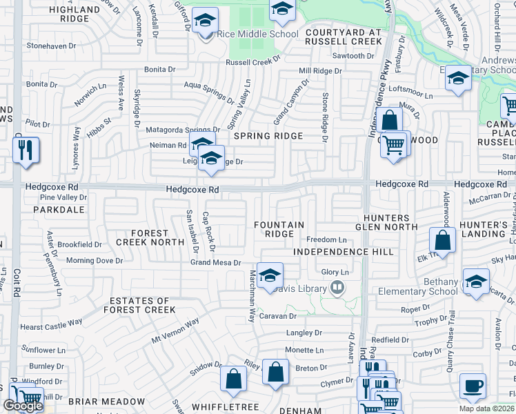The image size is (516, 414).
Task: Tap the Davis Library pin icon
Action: coord(337,287)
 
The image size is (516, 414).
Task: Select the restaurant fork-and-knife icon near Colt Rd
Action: coord(26,150)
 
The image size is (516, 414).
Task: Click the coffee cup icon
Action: coord(473,386)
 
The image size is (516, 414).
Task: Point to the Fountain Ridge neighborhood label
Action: coord(279,229)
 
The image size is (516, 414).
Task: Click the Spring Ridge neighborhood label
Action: coord(268,136)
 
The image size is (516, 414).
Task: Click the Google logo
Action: coord(23,406)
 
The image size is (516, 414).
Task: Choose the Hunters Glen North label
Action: coord(386,221)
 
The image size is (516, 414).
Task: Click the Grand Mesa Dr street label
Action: coord(216,263)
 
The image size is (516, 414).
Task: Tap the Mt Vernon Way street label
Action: coord(175,332)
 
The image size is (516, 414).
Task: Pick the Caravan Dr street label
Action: coord(278,316)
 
